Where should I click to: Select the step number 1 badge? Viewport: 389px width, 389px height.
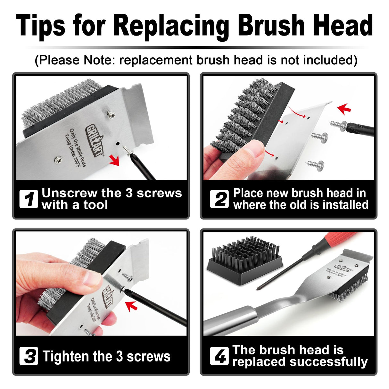pos(29,199)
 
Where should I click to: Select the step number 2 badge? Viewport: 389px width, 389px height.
pos(219,199)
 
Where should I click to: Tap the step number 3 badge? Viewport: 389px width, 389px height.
pos(29,356)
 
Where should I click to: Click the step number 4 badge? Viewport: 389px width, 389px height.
pos(219,356)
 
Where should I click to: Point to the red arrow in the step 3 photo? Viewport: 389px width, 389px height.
pos(132,306)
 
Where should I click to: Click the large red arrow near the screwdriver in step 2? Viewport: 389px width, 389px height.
pos(344,109)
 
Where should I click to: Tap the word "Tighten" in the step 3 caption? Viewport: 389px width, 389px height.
pos(65,356)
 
